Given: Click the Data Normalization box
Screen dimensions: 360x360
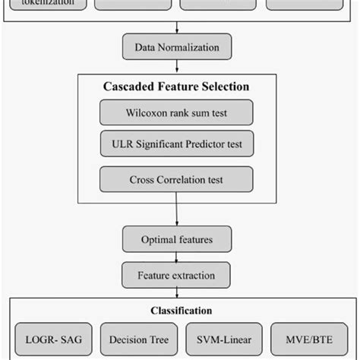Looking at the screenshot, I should click(176, 48).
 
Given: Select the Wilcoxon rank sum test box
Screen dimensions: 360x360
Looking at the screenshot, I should click(176, 115).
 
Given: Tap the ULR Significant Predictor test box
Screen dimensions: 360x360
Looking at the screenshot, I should click(176, 144).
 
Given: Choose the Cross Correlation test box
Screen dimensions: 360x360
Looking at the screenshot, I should click(176, 180).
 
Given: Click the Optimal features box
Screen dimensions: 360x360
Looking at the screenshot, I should click(176, 240).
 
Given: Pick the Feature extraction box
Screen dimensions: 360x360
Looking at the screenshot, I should click(176, 275).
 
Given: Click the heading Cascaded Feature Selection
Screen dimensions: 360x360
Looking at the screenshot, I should click(176, 87).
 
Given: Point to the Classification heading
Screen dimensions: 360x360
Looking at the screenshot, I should click(180, 311).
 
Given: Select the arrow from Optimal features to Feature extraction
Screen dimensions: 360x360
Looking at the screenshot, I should click(176, 257).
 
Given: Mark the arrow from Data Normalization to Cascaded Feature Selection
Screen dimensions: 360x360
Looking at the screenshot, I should click(176, 67).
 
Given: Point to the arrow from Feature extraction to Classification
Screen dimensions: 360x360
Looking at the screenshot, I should click(176, 293).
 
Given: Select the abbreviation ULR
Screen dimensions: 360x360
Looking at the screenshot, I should click(126, 144).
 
